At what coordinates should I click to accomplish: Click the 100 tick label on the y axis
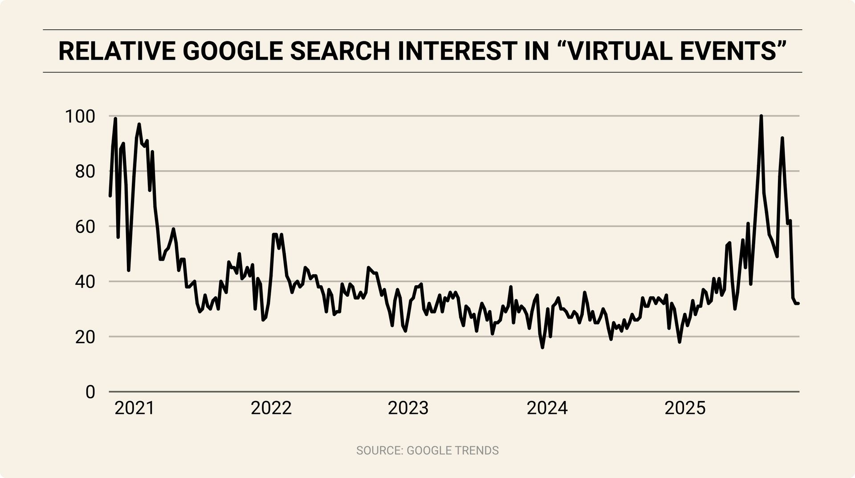[x=80, y=117]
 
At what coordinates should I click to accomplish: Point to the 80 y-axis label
[x=85, y=172]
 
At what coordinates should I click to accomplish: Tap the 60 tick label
[x=85, y=227]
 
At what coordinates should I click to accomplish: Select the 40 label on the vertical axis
[x=85, y=282]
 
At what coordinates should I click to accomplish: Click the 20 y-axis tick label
[x=85, y=337]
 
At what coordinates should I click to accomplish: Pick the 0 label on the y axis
[x=90, y=393]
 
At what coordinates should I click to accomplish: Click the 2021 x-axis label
[x=134, y=408]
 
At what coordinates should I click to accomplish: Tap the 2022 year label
[x=271, y=408]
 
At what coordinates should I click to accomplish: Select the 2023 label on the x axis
[x=408, y=408]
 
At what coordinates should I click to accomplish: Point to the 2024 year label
[x=547, y=408]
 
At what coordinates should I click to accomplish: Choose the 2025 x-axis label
[x=685, y=408]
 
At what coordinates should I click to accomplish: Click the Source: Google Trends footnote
[x=427, y=450]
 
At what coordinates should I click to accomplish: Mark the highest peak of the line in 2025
[x=761, y=116]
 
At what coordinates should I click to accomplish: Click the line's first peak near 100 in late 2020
[x=115, y=119]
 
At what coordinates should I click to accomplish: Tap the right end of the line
[x=798, y=304]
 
